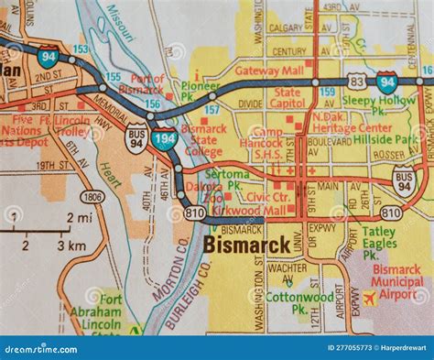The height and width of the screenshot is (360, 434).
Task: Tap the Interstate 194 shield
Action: coord(165,139)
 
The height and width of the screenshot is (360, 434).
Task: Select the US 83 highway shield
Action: coord(355,82)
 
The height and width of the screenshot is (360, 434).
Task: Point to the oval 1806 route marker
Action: coord(92,196)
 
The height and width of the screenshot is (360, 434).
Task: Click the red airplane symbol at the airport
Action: coord(369,298)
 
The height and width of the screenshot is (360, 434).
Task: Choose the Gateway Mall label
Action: coord(268,71)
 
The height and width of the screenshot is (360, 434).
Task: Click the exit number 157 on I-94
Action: coord(212,109)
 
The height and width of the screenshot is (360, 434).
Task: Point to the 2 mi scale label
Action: coord(77,218)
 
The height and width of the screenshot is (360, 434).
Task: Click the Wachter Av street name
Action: coord(288,267)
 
